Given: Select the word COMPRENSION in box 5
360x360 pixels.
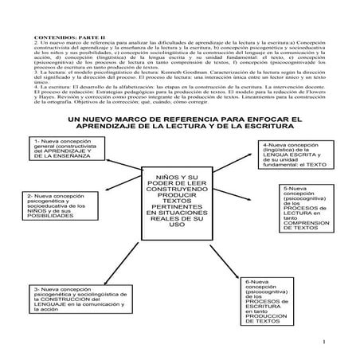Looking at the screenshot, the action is (x=307, y=221).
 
